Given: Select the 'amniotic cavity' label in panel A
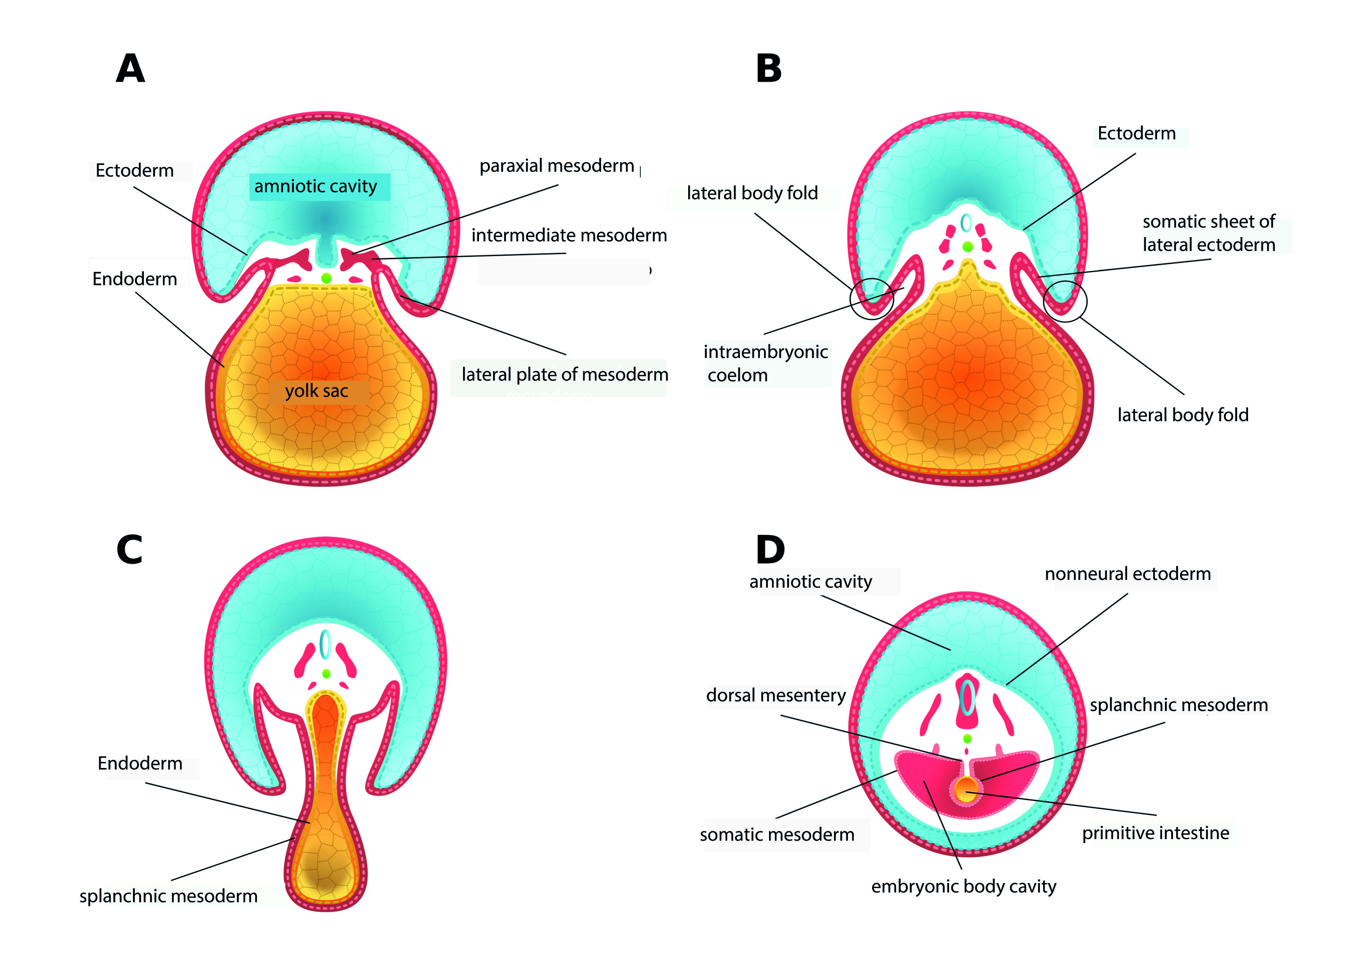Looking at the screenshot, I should click(316, 187).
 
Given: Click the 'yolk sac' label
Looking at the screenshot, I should click(316, 391).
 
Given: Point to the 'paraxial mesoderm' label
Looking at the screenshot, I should click(556, 166).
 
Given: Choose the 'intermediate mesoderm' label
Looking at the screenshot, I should click(569, 235).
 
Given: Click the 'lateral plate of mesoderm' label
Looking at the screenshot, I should click(565, 375).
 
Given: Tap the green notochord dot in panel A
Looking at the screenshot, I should click(326, 278).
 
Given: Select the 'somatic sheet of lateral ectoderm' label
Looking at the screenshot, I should click(1208, 233).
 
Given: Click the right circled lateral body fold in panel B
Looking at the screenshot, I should click(1065, 301).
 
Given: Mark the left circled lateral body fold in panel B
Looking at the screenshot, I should click(871, 299).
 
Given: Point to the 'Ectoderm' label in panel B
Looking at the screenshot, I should click(1136, 133).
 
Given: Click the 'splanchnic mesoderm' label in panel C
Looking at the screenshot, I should click(169, 896).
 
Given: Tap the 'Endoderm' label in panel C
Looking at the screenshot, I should click(140, 763).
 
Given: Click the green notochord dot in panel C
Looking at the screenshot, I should click(326, 674).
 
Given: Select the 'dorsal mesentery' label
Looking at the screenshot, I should click(776, 695).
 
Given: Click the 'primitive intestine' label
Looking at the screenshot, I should click(1155, 833).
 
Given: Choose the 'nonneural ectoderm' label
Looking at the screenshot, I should click(1128, 574).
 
